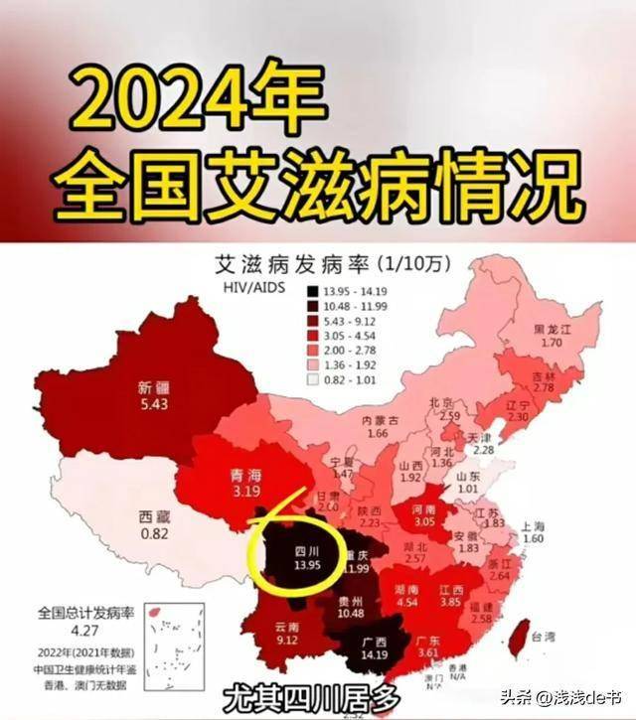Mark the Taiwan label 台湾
tap(543, 637)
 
